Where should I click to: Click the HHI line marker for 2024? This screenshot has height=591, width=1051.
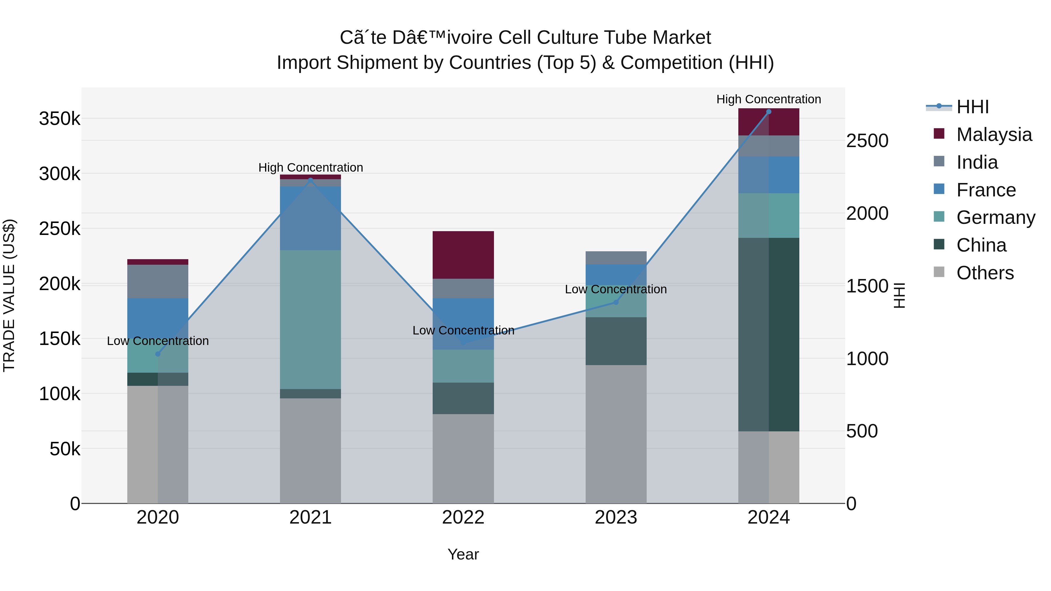click(769, 112)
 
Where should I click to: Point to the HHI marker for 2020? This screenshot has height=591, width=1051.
click(158, 354)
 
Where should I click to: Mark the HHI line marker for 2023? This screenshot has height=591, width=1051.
click(616, 302)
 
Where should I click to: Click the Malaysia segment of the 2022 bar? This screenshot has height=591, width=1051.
click(463, 255)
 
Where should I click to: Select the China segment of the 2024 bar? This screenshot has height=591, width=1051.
click(769, 334)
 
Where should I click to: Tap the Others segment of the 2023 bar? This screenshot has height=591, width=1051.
click(616, 434)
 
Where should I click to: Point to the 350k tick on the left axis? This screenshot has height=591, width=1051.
click(60, 119)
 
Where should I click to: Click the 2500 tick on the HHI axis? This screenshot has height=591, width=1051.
click(867, 141)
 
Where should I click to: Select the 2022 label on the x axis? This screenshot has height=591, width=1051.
click(463, 517)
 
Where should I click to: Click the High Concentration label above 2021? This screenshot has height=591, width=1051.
click(311, 168)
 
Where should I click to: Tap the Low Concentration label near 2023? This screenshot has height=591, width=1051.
click(616, 289)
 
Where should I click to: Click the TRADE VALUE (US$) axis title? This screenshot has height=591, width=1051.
click(9, 295)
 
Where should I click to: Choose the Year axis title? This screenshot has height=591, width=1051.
click(463, 554)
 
